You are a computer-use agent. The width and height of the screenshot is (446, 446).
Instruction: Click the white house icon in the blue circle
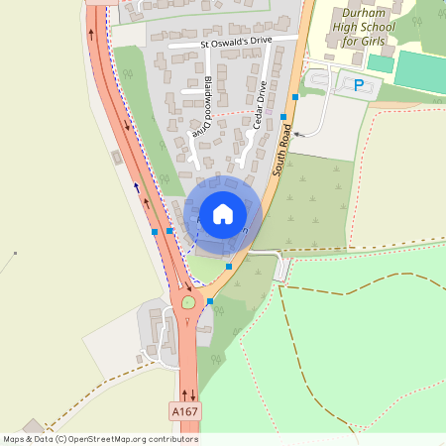(223, 213)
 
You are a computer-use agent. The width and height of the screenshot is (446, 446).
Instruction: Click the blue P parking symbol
(358, 85)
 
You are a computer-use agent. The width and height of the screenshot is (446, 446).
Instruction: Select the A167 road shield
(183, 410)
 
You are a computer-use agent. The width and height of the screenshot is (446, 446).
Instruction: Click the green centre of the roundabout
(187, 301)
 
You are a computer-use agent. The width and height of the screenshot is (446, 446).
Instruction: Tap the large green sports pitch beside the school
(422, 72)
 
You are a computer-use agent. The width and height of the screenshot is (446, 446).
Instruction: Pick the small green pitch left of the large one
(381, 62)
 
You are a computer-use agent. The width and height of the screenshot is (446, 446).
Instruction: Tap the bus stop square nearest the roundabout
(210, 301)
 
